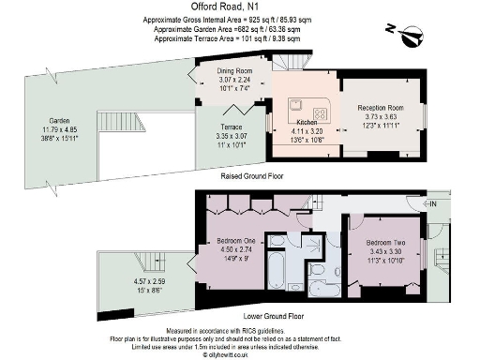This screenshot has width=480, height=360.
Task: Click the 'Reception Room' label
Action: [380, 108]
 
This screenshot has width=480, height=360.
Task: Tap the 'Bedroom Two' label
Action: [385, 242]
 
